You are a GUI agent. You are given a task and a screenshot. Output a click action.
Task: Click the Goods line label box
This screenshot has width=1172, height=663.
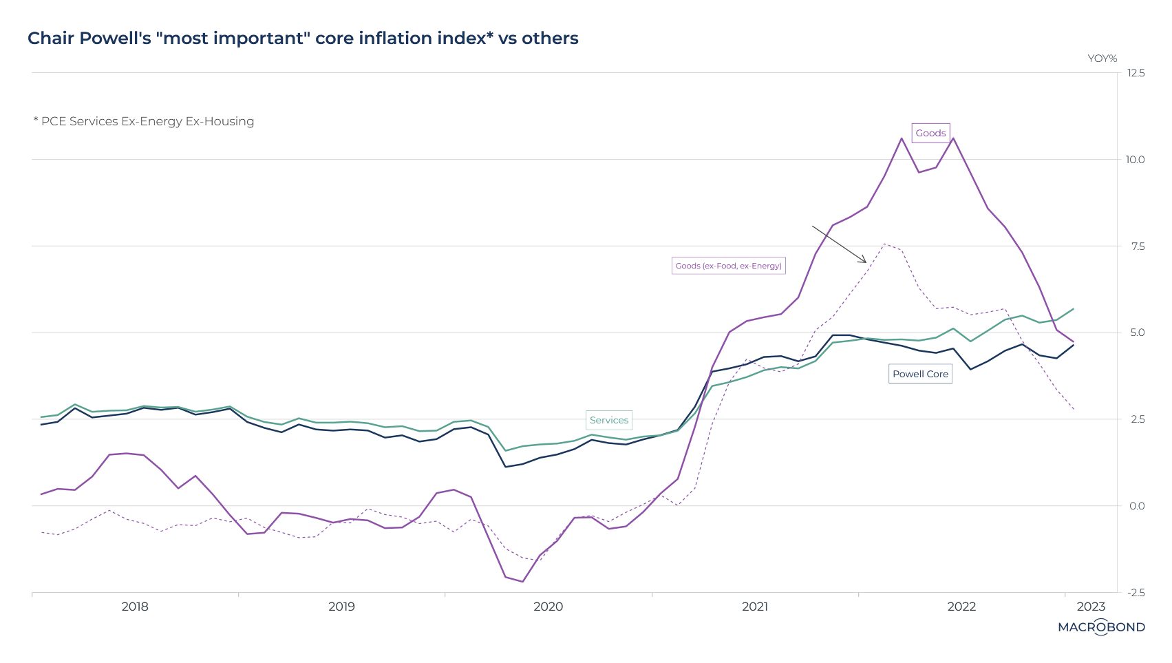point(930,133)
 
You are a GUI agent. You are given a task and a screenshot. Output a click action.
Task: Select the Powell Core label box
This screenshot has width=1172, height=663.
point(920,374)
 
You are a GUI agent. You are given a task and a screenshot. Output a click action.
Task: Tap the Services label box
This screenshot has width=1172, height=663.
point(609,420)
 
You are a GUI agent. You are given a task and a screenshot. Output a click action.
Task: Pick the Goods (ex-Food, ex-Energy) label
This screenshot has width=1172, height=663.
point(728,266)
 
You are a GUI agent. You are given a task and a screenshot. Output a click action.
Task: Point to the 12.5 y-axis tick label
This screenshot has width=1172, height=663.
point(1136,73)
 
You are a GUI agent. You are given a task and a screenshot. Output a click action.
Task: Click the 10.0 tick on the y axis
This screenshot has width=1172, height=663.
point(1136,160)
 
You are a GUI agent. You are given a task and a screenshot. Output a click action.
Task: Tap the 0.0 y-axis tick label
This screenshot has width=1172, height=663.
point(1137,506)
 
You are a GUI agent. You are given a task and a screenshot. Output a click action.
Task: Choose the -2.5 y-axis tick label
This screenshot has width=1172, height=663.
point(1136,593)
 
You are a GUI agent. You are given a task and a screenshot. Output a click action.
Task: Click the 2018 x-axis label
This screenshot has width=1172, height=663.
point(135,607)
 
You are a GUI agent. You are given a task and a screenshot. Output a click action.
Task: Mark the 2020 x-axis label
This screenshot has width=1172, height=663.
point(548,607)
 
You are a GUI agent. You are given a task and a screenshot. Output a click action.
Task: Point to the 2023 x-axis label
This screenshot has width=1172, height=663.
point(1091,607)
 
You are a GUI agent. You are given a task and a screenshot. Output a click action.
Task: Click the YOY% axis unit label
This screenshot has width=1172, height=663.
point(1102,59)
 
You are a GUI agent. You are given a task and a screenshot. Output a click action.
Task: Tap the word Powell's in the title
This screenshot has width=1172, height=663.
point(114,39)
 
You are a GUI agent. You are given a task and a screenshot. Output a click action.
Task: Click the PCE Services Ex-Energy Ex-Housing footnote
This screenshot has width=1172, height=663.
point(144,121)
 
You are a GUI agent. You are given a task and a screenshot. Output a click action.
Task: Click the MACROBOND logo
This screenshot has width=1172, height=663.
point(1101,627)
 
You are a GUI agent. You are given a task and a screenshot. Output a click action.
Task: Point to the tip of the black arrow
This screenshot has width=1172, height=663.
point(866,262)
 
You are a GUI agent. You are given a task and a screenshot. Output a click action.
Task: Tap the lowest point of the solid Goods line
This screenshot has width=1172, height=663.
point(522,582)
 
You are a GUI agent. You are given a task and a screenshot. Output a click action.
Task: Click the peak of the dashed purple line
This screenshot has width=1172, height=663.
point(884,244)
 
